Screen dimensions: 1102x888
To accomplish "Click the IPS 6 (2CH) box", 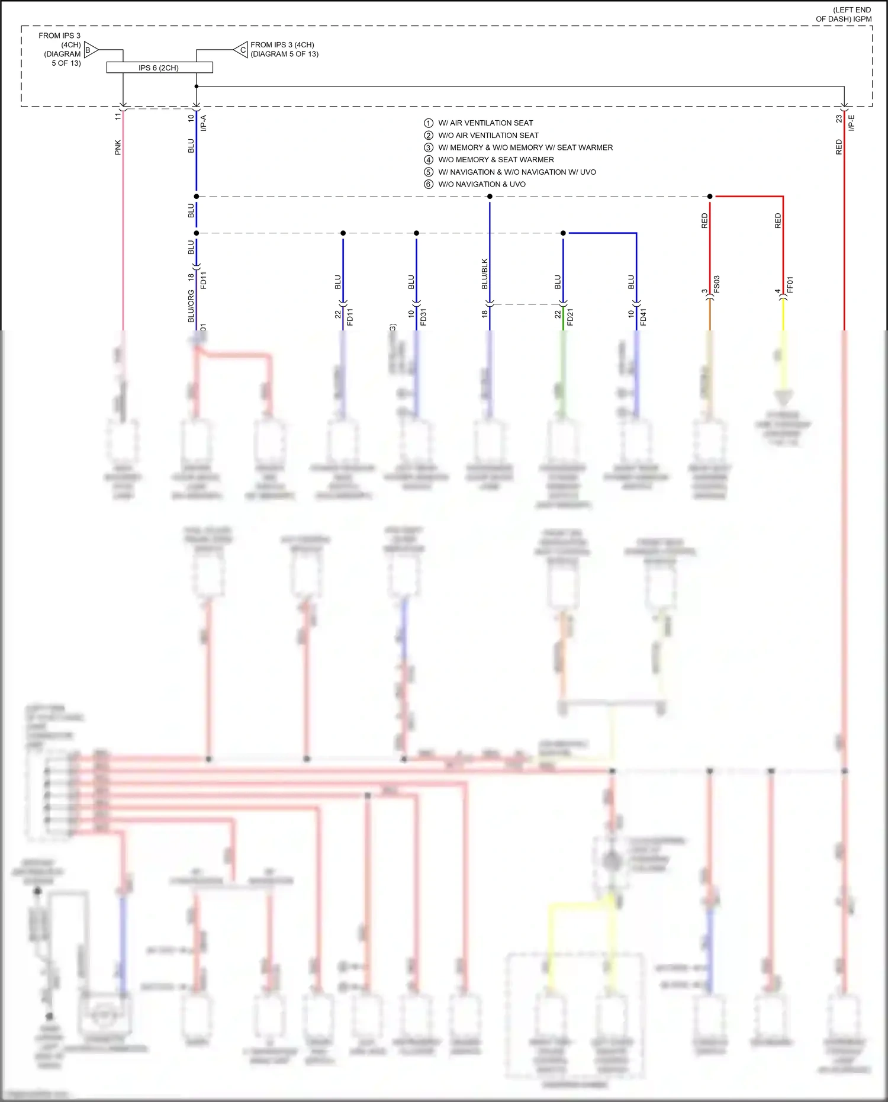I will tap(159, 68).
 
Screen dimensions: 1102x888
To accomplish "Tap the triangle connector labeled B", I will tap(91, 50).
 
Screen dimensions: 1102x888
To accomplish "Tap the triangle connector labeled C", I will tap(241, 50).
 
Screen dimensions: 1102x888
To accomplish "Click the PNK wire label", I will tap(118, 147).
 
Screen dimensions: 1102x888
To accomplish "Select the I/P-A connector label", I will tap(204, 123).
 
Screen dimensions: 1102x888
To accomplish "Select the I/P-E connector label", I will tap(852, 123).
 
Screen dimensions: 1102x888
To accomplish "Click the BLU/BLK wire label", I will tap(485, 274).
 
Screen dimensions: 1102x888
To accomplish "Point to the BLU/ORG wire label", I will tap(191, 306).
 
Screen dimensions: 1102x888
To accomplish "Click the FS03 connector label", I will tap(717, 284).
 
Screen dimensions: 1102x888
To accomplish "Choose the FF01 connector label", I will tap(790, 285).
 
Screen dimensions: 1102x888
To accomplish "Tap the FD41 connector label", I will tap(644, 317).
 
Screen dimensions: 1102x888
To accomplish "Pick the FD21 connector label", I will tap(571, 317).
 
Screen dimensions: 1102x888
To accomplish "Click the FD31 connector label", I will tap(423, 317).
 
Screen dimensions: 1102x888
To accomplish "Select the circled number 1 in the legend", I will tap(429, 123).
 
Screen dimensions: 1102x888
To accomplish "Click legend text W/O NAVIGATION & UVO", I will tap(482, 184).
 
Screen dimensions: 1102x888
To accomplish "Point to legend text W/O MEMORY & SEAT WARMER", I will tap(496, 160).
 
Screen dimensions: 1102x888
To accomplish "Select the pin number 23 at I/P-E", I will tap(839, 118).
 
